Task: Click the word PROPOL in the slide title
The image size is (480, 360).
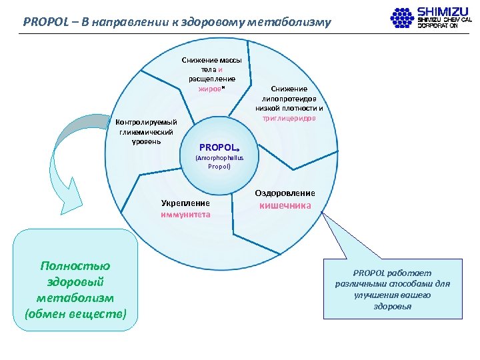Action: [44, 21]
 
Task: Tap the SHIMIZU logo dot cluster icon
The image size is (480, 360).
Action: [402, 17]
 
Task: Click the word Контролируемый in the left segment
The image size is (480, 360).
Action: [146, 123]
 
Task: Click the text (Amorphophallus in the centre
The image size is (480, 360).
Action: [219, 158]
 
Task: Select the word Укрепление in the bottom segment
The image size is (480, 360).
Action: [185, 203]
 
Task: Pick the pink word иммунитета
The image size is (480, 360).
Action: [185, 214]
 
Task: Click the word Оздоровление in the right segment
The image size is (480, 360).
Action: [285, 193]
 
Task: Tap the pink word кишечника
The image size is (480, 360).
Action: [285, 205]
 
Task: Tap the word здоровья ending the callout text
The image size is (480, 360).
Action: [393, 306]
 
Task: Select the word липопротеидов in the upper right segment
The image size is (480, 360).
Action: [289, 98]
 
